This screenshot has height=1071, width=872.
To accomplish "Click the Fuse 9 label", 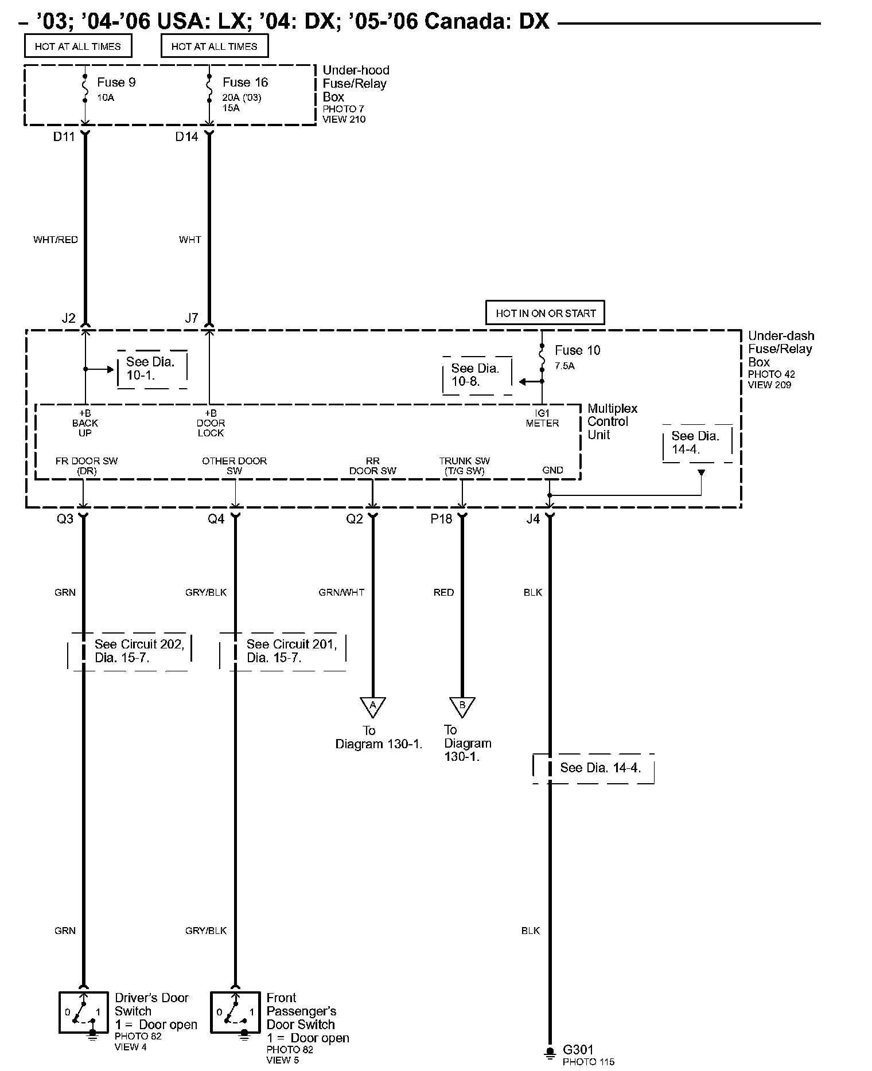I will [x=116, y=83].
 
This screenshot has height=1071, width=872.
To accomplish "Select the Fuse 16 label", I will [x=245, y=83].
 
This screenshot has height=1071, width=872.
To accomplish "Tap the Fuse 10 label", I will [x=577, y=350].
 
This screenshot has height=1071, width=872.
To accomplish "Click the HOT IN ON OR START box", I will [x=545, y=313].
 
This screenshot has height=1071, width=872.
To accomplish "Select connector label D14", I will [x=186, y=137].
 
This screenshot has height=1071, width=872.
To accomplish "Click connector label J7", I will [x=192, y=318].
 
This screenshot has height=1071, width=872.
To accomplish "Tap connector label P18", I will [x=441, y=519].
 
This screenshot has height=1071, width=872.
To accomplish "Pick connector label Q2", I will [x=355, y=519].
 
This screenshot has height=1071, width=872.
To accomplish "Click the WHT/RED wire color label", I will [x=56, y=240].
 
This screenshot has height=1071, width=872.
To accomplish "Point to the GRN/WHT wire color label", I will [x=341, y=592].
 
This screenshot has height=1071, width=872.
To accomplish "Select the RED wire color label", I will [x=443, y=592].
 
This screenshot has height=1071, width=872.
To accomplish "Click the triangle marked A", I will [x=372, y=706].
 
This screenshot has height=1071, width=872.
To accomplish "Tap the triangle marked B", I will [x=462, y=706].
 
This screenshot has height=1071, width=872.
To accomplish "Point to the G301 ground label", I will [x=578, y=1050].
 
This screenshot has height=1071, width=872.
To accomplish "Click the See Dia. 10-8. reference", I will [x=475, y=375].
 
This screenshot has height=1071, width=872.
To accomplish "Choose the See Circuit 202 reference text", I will [x=139, y=651].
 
